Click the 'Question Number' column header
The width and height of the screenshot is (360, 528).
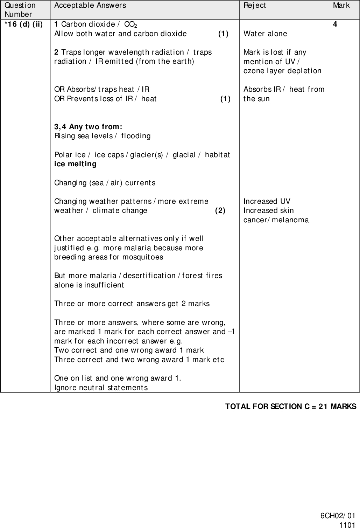(20, 10)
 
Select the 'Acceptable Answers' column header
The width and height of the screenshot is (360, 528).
(90, 5)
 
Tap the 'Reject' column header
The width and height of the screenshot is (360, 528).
(255, 5)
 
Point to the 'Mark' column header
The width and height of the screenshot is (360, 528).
(341, 5)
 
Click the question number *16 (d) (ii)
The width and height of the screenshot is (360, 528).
(23, 25)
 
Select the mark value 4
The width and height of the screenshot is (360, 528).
(335, 25)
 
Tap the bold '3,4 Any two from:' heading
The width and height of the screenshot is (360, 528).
(88, 126)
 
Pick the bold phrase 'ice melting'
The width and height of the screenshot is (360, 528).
(75, 164)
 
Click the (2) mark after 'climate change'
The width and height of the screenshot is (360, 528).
(220, 210)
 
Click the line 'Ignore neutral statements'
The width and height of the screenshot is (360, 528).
(101, 388)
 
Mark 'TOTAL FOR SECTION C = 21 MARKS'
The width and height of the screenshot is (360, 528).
(290, 407)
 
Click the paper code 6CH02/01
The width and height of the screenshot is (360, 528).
(338, 516)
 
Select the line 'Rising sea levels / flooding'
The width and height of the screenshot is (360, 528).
(103, 136)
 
